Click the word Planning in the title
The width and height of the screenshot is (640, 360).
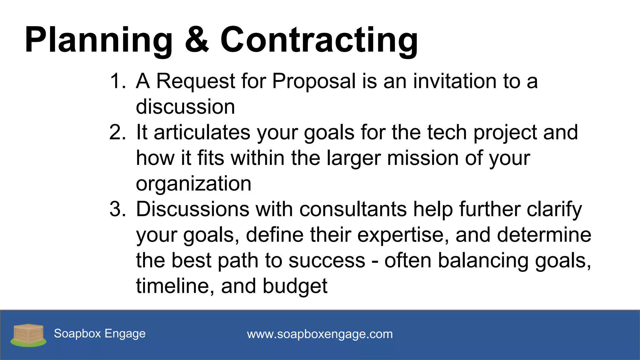point(99,40)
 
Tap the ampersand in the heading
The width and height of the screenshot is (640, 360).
point(197,40)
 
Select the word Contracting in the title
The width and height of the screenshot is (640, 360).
point(319,40)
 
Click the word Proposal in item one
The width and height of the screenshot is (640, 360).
point(314,81)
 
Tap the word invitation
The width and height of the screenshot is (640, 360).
point(455,81)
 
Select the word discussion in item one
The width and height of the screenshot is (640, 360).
point(185,107)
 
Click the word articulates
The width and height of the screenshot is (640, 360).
point(202,132)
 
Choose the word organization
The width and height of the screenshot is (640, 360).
point(193,184)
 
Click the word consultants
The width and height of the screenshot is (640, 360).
point(353,209)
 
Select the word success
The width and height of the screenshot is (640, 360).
point(327,261)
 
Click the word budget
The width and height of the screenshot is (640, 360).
point(295,286)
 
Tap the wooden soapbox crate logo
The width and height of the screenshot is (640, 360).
point(28,335)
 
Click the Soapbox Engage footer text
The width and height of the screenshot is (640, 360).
point(100,334)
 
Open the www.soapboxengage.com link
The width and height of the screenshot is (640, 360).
point(320,334)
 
